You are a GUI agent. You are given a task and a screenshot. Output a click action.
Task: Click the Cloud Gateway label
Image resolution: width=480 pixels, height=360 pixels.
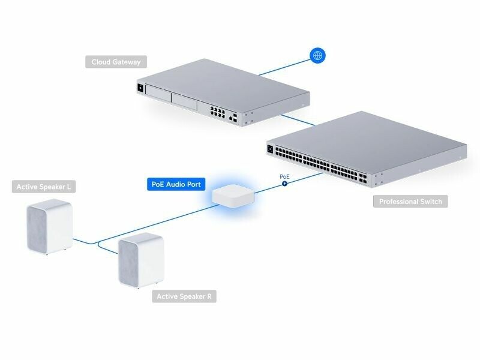coord(116,62)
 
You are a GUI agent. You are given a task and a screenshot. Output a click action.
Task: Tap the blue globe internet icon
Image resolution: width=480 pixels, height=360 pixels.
coord(317,56)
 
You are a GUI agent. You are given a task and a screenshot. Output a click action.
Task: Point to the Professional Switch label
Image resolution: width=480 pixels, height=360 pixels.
coord(410,202)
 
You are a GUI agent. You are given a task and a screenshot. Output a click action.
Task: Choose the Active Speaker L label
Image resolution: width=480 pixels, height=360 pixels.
coord(44,187)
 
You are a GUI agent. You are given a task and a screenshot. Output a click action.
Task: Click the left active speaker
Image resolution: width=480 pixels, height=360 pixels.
coord(50,228)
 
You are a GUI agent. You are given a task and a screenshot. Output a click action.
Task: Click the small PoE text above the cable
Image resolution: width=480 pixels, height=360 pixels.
coord(285,176)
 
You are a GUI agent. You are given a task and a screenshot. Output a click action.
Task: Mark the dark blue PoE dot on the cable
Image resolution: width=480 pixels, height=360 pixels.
coord(285,183)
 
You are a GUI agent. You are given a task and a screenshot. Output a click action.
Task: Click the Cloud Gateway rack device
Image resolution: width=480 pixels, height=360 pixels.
coord(222,93)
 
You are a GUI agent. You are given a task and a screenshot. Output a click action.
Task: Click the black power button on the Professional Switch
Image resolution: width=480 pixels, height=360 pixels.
coord(271,149)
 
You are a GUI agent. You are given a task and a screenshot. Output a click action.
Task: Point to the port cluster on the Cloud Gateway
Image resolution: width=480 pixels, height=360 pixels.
coord(217,111)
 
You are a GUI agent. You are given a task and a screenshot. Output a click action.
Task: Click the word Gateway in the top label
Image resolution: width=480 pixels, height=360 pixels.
coord(130,62)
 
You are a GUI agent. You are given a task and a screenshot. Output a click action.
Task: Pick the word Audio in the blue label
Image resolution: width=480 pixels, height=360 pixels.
coord(175,184)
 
